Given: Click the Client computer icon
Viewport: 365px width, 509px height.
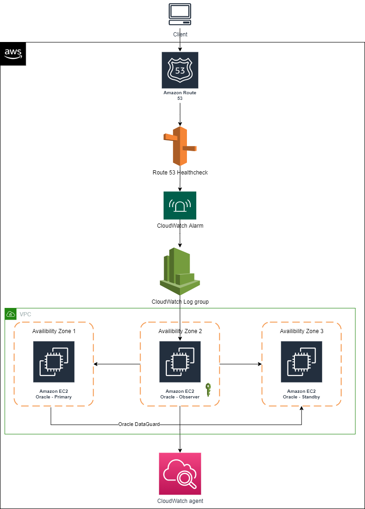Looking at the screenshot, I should [180, 15].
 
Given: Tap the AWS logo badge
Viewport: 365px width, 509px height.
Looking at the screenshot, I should [13, 54].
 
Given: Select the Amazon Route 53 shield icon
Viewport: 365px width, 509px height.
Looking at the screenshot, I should [180, 70].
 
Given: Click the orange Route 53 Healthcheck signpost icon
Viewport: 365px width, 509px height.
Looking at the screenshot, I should [180, 146].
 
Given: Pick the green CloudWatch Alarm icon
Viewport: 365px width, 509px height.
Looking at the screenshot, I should [180, 205].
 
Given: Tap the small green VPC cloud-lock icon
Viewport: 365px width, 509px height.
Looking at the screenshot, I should [10, 314].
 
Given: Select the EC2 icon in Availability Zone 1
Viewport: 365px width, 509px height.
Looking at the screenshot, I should [54, 362].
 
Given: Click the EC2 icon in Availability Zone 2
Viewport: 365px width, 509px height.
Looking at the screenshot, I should [180, 362].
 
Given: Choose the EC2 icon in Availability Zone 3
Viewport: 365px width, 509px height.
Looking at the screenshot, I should [301, 362].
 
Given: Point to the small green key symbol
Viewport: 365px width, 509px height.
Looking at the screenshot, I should [208, 390].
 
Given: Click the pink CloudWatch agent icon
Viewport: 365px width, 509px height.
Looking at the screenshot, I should [180, 474].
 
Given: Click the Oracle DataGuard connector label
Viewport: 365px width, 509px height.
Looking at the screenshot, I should [139, 425].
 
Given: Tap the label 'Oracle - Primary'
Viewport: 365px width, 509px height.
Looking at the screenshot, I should [54, 397].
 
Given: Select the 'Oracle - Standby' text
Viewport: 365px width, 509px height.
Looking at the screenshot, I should [301, 397].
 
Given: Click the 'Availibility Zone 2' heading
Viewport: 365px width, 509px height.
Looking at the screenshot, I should [180, 331].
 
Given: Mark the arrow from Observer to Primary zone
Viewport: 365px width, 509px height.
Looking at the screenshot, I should [117, 364].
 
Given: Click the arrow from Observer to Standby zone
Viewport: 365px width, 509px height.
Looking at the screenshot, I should [241, 364].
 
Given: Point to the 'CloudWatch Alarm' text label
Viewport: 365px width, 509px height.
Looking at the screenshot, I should [180, 226].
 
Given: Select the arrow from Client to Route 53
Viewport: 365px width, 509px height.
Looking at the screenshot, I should [180, 45].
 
